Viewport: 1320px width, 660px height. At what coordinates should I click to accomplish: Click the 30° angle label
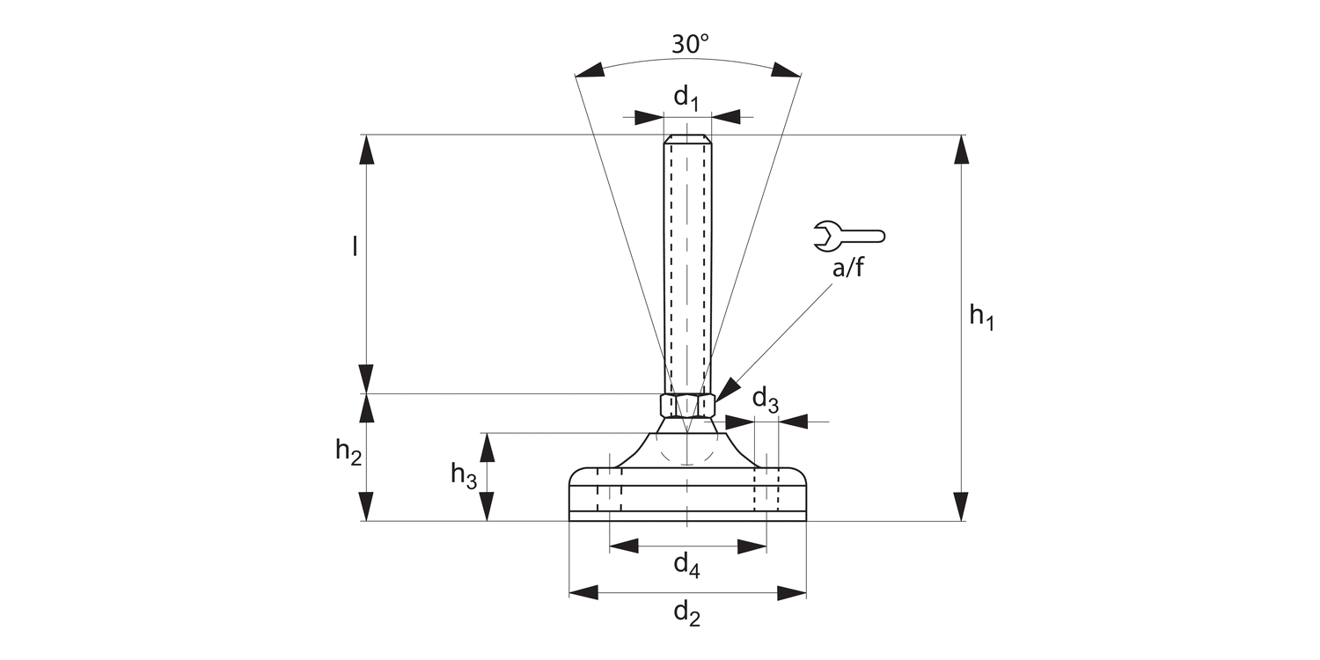tap(690, 44)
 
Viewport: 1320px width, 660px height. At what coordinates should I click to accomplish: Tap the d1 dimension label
tap(686, 98)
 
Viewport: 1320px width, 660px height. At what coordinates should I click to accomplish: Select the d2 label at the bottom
tap(687, 613)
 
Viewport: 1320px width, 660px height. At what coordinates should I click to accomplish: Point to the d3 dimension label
tap(765, 400)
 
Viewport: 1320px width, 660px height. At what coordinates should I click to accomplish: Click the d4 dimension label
tap(686, 565)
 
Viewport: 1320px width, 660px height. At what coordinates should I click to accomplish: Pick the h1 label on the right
tap(981, 316)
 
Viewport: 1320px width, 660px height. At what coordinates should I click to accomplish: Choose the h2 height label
tap(348, 452)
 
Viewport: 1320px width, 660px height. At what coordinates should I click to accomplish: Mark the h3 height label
tap(464, 475)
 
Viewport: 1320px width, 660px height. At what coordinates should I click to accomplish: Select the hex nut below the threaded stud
tap(687, 405)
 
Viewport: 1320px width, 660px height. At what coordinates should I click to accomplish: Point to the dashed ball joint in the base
tap(687, 449)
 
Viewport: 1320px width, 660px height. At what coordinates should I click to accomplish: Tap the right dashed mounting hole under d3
tap(766, 489)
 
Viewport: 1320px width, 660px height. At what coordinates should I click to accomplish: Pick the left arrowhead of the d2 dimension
tap(583, 592)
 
